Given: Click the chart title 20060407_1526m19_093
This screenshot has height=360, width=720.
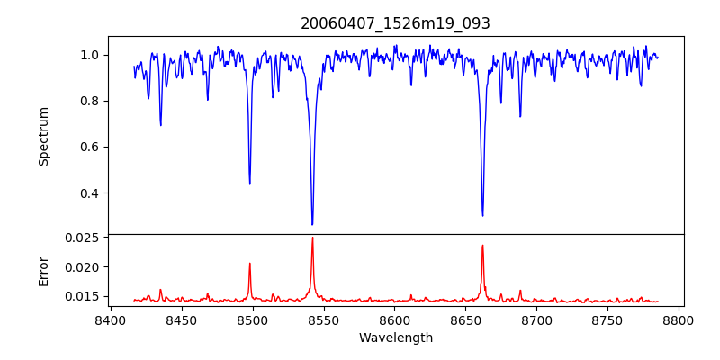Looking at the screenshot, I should [x=396, y=23].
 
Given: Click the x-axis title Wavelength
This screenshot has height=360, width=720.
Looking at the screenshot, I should [x=396, y=338].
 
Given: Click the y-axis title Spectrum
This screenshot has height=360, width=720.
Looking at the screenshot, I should [x=43, y=136].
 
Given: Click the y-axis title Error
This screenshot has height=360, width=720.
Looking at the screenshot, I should [x=43, y=270].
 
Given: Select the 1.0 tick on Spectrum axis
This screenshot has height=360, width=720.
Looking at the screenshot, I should [x=90, y=55].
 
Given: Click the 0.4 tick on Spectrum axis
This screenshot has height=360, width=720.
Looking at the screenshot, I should [x=90, y=193].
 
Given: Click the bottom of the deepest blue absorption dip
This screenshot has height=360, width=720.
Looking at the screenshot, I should [x=312, y=224].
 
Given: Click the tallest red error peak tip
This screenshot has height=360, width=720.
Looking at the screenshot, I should [x=312, y=238].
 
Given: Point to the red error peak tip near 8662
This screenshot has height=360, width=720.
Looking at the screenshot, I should [x=482, y=245].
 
